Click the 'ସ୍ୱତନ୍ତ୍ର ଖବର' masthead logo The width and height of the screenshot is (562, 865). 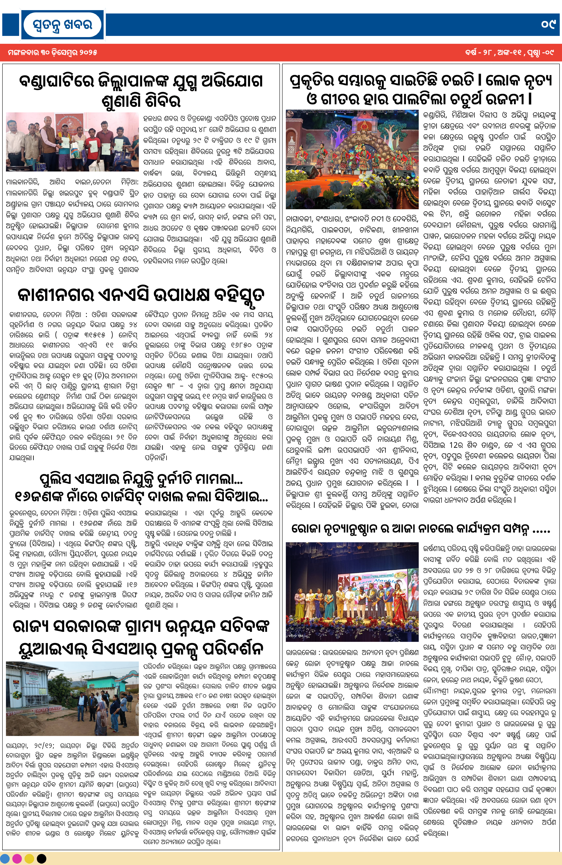pyautogui.click(x=63, y=25)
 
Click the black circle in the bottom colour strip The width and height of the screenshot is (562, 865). pyautogui.click(x=41, y=858)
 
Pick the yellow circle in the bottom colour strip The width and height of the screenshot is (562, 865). pyautogui.click(x=29, y=858)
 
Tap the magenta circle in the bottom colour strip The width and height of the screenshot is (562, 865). pyautogui.click(x=17, y=858)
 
